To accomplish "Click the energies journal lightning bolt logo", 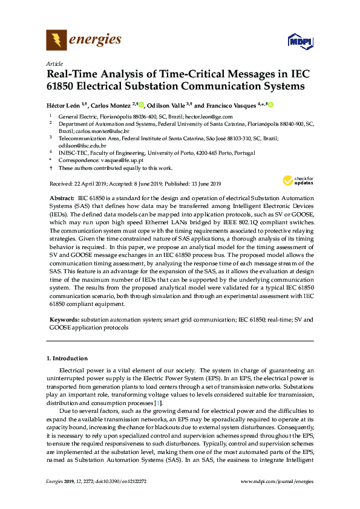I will pos(56,41).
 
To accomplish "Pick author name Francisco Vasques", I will pos(230,105).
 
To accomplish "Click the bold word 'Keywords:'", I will pos(64,319).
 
